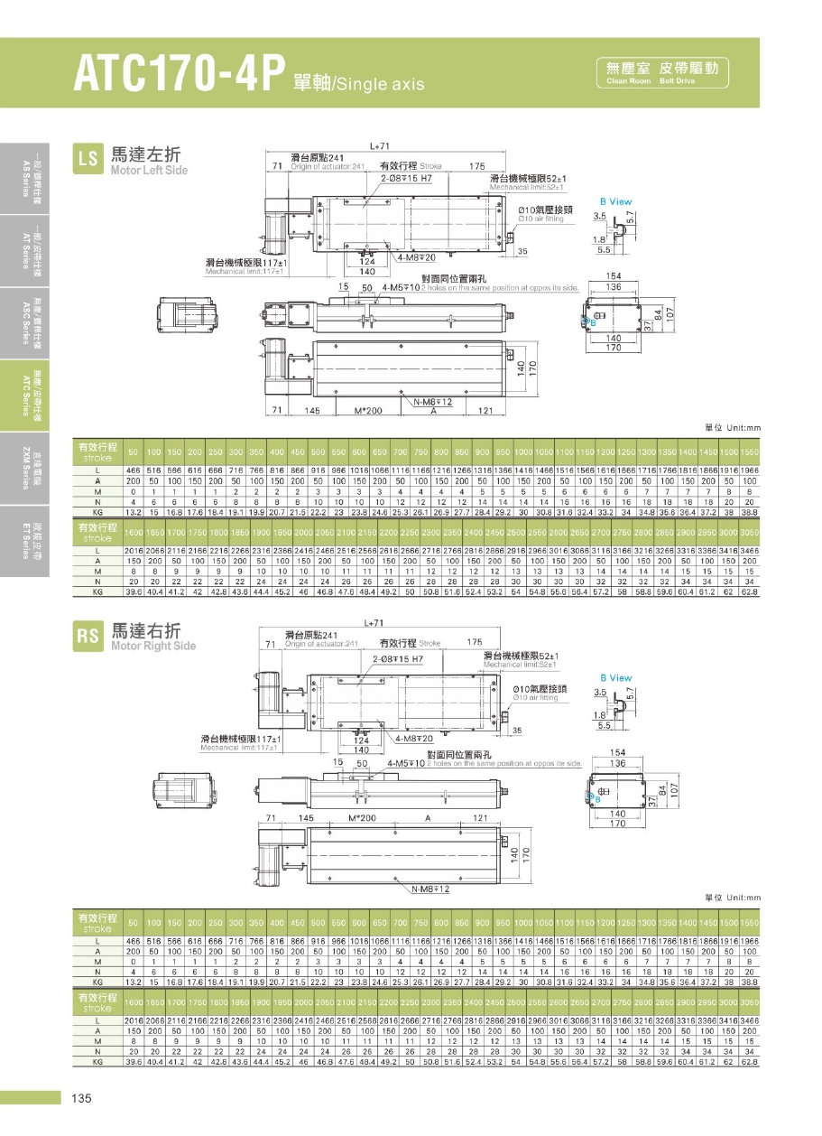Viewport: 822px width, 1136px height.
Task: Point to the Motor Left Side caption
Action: click(149, 170)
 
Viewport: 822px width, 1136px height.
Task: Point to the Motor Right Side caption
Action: click(152, 646)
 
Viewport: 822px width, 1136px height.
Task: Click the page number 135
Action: click(81, 1098)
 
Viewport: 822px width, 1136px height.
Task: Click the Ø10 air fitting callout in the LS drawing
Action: click(540, 214)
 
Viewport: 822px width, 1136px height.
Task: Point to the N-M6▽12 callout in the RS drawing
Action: click(430, 889)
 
